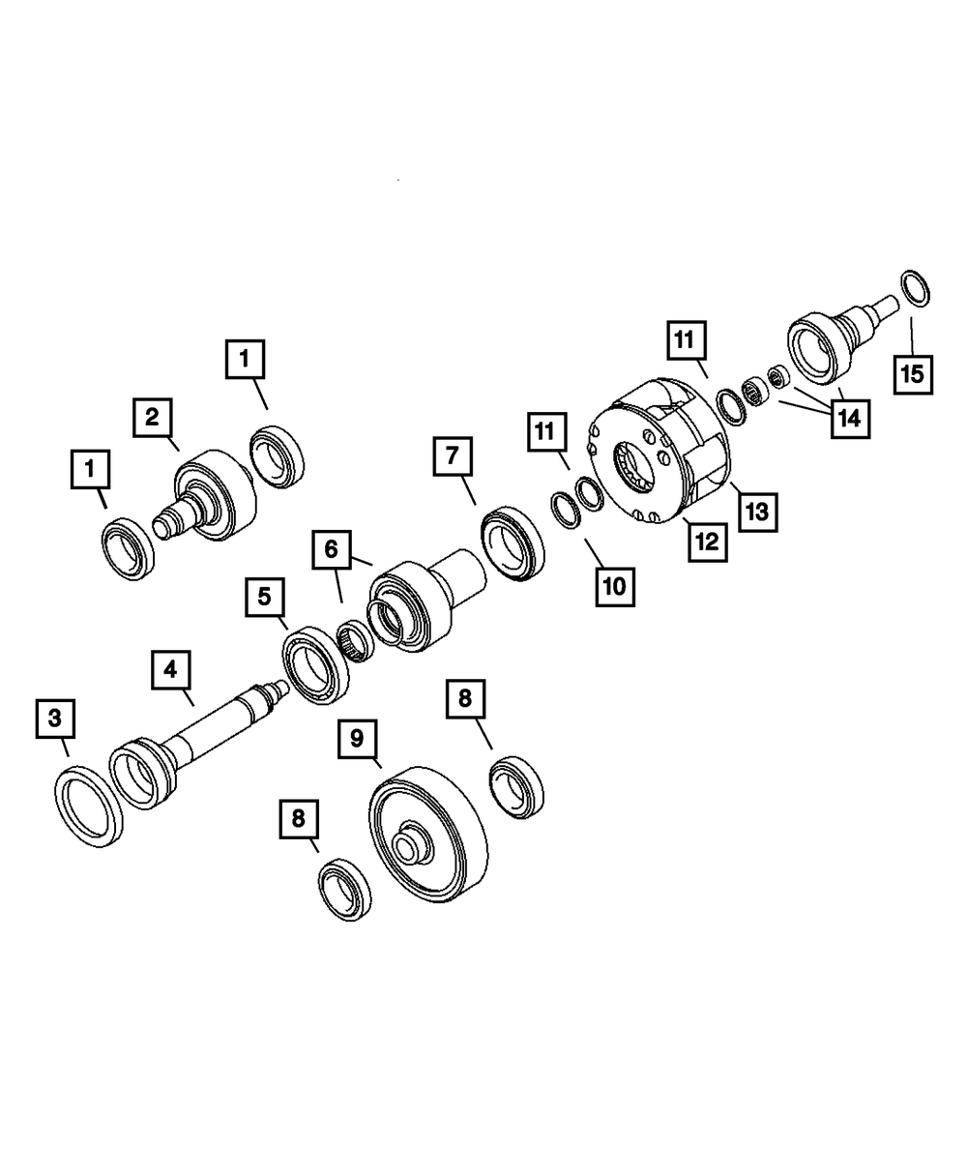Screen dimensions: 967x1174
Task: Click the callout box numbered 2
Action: [x=153, y=418]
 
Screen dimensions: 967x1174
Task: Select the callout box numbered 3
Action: [x=55, y=719]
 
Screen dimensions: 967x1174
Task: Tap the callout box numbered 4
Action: [x=171, y=669]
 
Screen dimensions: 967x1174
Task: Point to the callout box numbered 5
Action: [x=265, y=597]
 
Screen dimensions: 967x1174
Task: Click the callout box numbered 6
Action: [x=332, y=549]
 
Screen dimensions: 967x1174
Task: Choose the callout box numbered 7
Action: [x=454, y=456]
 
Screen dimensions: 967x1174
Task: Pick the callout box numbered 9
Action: [x=358, y=739]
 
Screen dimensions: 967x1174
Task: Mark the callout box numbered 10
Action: [x=616, y=587]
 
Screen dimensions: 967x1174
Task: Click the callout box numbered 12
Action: [x=708, y=542]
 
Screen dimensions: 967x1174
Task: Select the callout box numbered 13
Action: [x=758, y=513]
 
